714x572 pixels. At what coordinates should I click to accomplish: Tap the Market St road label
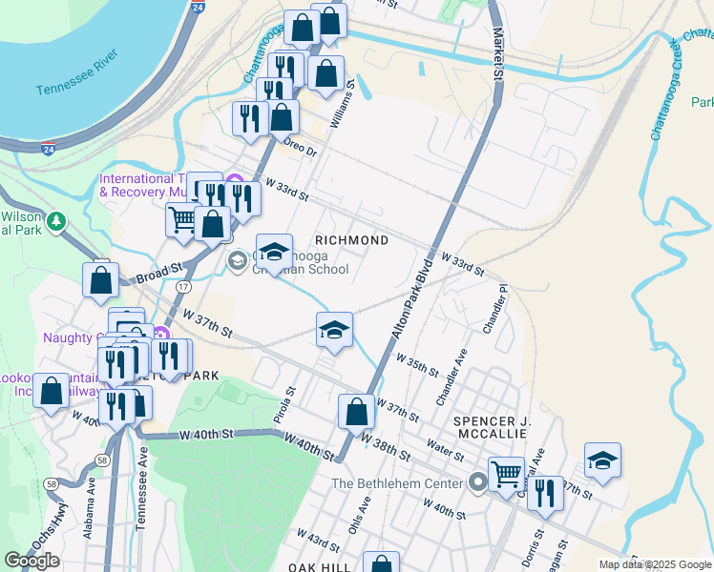click(497, 52)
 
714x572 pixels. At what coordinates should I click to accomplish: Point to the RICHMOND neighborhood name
click(351, 240)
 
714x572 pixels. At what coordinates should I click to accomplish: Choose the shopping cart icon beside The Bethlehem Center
click(506, 473)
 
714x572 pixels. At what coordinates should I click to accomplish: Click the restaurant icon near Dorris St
click(545, 492)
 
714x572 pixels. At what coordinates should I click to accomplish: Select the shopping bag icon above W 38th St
click(356, 412)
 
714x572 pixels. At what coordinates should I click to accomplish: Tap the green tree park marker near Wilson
click(57, 221)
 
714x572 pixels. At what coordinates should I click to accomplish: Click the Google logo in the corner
click(32, 561)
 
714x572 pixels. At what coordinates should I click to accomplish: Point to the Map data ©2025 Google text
click(655, 564)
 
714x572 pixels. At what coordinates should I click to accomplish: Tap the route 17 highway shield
click(183, 287)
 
